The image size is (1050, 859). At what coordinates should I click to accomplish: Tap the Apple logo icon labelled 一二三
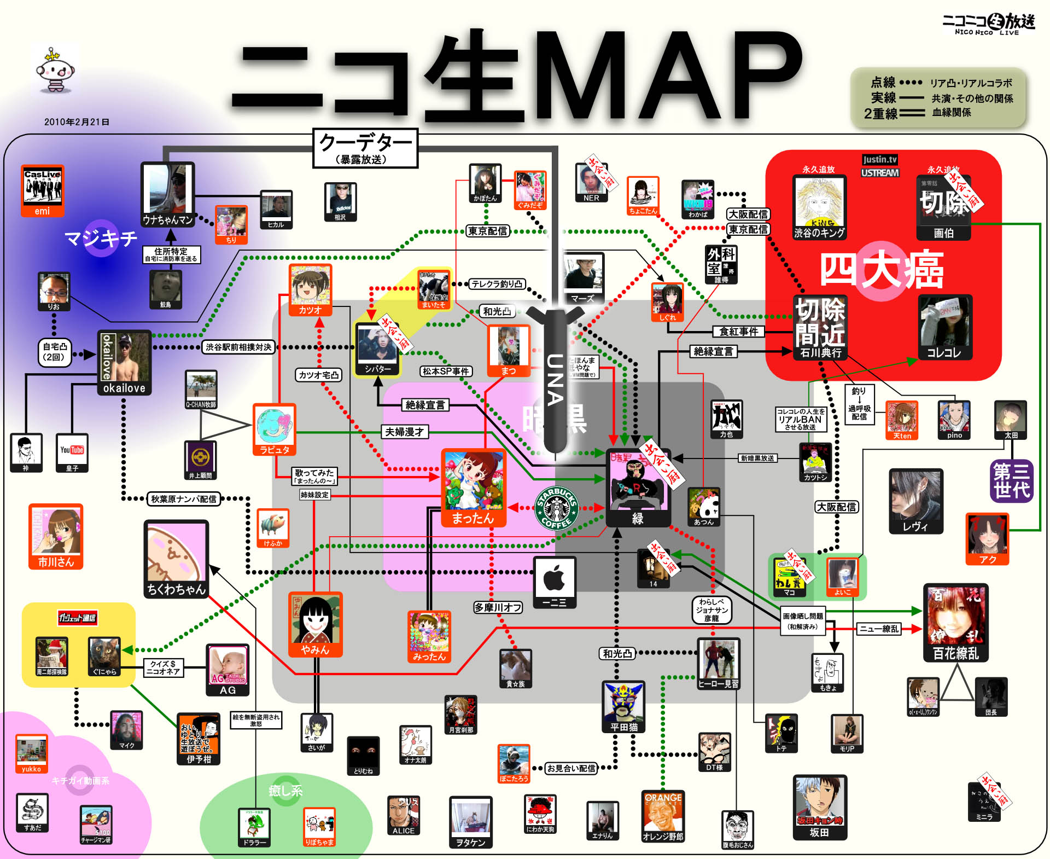tap(555, 582)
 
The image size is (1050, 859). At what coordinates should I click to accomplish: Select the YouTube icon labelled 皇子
tap(72, 452)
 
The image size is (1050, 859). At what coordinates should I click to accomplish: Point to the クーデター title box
tap(365, 148)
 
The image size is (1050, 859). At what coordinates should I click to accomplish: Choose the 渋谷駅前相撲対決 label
tap(238, 347)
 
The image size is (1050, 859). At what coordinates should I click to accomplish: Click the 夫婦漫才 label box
tap(404, 432)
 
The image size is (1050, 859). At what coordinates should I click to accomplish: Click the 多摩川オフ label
tap(498, 607)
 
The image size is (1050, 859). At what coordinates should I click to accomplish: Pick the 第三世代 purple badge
tap(1011, 480)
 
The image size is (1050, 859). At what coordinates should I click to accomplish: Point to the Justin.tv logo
tap(879, 159)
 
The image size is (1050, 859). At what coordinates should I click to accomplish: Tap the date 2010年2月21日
tap(77, 122)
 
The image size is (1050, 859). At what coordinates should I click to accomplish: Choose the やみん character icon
tap(316, 624)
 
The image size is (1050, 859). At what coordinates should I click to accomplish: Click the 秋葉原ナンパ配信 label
tap(184, 499)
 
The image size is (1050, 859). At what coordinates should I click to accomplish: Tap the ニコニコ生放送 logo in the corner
tap(989, 24)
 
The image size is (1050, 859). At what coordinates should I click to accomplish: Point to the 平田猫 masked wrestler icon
tap(623, 706)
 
